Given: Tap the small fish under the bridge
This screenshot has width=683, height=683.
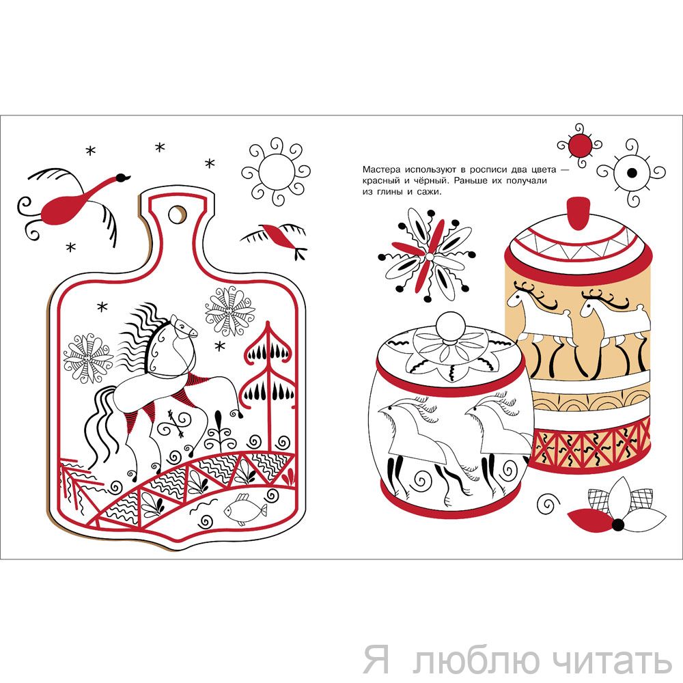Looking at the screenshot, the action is tap(245, 510).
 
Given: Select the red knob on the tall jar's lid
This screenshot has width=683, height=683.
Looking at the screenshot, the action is tap(579, 213).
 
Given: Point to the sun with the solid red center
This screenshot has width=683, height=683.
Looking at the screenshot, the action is tap(580, 145).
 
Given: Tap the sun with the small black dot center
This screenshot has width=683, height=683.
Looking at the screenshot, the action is tap(631, 173).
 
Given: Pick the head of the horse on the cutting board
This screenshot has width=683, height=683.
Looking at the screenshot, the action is tap(182, 327).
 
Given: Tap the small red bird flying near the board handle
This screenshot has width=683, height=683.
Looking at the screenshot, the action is tap(279, 238).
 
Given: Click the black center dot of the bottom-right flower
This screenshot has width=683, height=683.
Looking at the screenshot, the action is tap(617, 525).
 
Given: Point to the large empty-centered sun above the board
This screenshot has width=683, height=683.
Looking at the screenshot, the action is tap(276, 171).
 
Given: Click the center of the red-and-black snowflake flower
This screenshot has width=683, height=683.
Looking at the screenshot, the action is tap(430, 257).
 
